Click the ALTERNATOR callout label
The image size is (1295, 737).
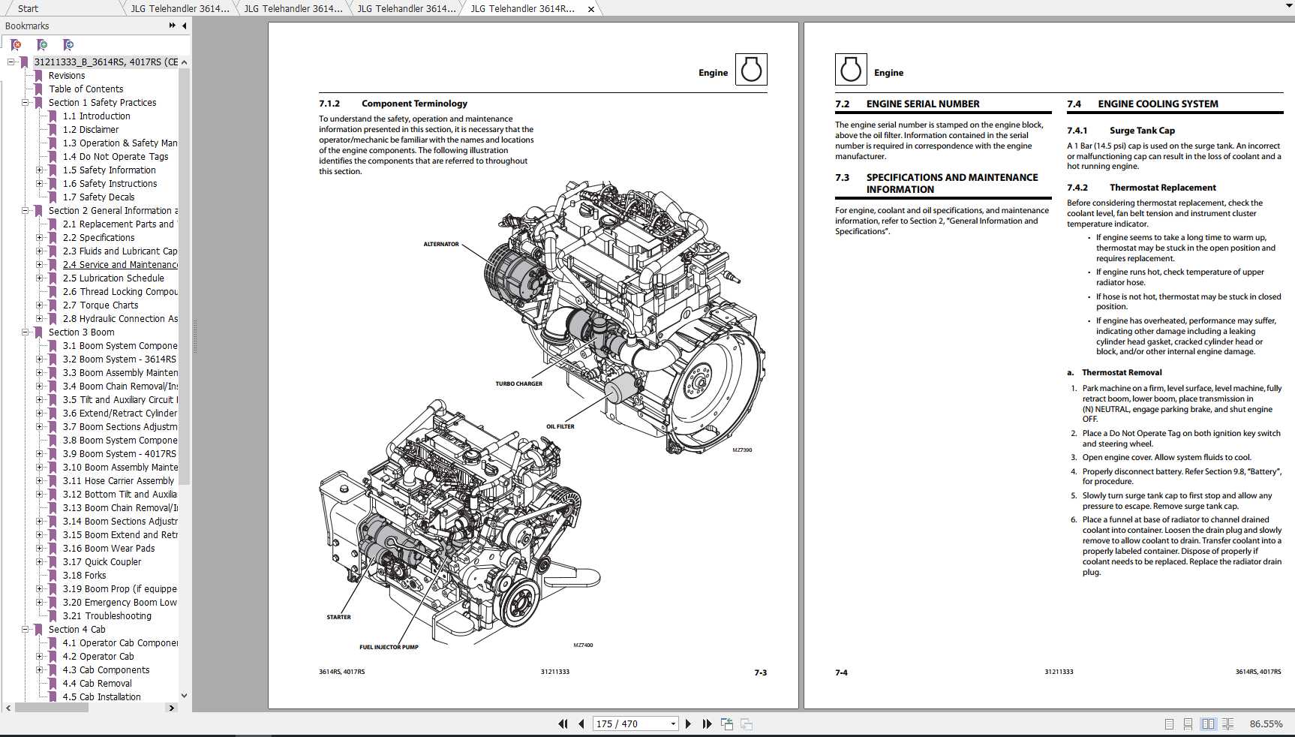pos(441,244)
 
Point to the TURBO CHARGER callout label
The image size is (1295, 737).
pos(518,384)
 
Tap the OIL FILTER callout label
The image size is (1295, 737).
pos(560,426)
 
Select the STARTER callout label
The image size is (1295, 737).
pos(338,617)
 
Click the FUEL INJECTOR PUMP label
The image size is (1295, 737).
pos(389,647)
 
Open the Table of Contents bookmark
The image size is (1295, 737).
pos(86,89)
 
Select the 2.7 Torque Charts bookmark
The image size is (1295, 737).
pos(101,305)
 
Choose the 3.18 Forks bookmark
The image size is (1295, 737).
pos(84,575)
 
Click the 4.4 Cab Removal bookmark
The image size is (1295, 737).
pos(97,683)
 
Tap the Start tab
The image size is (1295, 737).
pos(28,8)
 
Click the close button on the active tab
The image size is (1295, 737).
pos(591,9)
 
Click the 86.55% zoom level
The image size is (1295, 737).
pos(1266,723)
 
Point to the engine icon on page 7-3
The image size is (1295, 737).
pos(751,70)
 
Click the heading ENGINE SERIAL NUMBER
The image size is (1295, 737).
pos(923,104)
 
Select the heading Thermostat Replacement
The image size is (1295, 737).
pos(1162,188)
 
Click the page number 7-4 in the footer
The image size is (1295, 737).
pos(841,672)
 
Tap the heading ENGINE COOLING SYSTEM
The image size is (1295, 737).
pos(1158,104)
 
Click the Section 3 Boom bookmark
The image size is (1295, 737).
pos(81,332)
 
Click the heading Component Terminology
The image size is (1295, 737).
pos(414,104)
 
